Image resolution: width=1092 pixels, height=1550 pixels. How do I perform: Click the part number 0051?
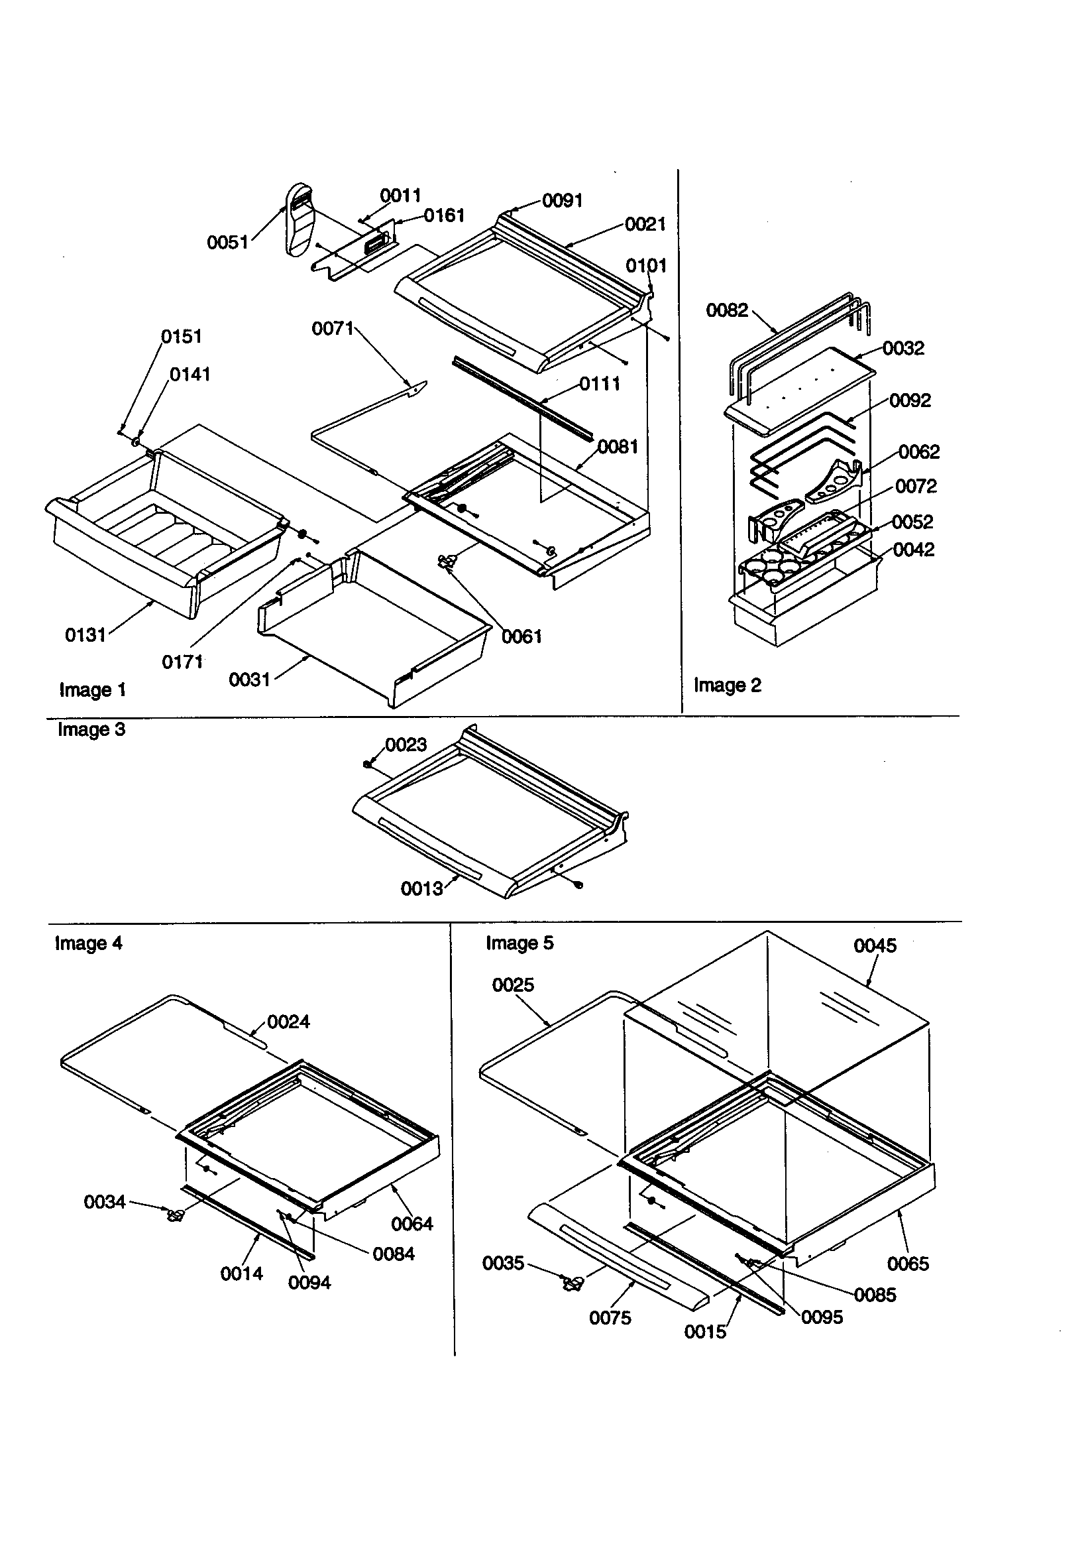point(227,243)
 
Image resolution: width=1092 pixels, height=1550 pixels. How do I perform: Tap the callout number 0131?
point(85,634)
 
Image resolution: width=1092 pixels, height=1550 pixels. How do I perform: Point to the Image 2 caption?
point(727,686)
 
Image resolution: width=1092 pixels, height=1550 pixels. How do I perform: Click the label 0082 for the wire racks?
point(727,310)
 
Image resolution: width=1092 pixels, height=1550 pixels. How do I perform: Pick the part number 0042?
point(913,550)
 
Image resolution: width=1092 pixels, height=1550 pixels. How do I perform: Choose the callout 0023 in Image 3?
point(406,745)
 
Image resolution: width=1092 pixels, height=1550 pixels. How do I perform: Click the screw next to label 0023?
point(368,764)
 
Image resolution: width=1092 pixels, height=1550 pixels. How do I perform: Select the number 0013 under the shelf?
point(422,889)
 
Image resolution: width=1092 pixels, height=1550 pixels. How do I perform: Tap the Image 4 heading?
point(88,943)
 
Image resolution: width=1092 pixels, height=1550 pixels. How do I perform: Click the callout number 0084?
point(394,1254)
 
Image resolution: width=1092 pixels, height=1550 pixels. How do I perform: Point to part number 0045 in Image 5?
point(875,946)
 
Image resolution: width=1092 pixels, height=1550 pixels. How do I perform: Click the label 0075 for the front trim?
point(610,1318)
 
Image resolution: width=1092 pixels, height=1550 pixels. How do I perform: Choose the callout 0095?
point(822,1317)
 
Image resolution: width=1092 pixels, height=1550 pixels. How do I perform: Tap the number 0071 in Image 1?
point(333,329)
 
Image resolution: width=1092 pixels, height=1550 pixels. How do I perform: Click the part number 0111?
point(599,384)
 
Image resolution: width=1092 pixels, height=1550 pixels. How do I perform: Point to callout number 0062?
point(918,451)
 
